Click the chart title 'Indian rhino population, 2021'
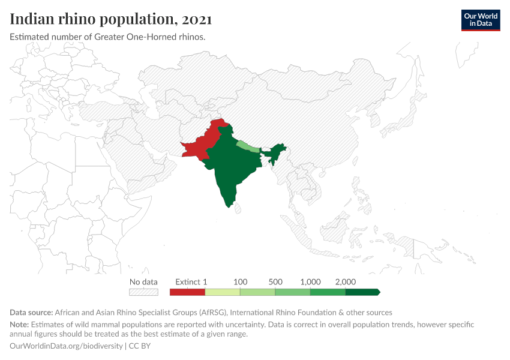pos(111,19)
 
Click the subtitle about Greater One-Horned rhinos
pos(108,37)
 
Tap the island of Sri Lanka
pos(238,208)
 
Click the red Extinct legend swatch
pos(187,292)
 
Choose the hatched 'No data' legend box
pos(144,292)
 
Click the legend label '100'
pos(240,282)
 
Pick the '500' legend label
pos(275,282)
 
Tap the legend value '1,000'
pos(310,282)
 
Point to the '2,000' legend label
pos(346,282)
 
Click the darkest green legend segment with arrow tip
pos(362,292)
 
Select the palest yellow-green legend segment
pos(223,292)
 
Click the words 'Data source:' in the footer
pos(31,313)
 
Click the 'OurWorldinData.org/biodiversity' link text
pos(66,346)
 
